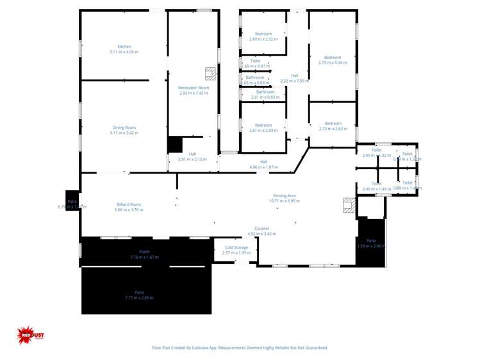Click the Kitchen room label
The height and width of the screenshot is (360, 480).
pos(124,47)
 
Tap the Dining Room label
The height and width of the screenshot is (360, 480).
pos(124,127)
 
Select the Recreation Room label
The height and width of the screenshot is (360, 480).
pos(194,88)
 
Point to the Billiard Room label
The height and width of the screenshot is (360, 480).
pos(128,204)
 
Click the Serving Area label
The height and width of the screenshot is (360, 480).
pos(284,195)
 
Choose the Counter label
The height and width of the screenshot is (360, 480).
pos(261,228)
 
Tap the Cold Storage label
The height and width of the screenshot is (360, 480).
pos(236,247)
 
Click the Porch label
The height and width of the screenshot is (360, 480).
pos(144,252)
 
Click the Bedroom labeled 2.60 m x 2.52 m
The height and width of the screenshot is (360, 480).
pos(263,34)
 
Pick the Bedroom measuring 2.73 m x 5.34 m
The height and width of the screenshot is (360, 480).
pos(332,58)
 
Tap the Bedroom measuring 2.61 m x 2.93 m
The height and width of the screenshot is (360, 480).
pos(263,125)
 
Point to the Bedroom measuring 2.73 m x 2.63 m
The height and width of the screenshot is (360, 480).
pos(333,124)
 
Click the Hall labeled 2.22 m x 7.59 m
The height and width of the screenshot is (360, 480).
pos(294,76)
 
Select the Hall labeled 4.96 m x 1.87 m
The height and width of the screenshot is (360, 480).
pos(263,161)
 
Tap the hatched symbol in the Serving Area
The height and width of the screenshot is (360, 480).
pos(349,205)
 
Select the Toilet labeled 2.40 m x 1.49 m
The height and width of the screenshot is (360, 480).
pos(376,184)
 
